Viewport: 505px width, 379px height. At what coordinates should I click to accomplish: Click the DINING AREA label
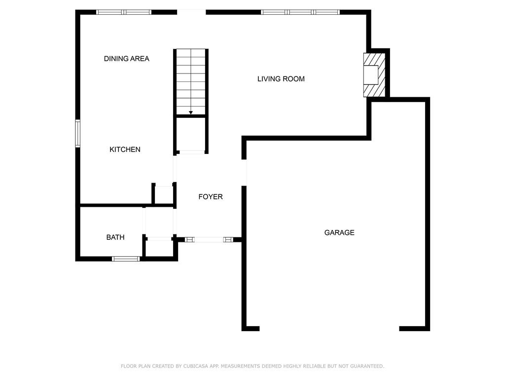(x=126, y=59)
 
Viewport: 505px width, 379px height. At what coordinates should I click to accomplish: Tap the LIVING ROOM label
(x=281, y=79)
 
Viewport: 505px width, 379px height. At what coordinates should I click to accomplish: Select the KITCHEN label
(x=125, y=150)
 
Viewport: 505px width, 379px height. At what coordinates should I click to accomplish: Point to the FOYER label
(x=211, y=197)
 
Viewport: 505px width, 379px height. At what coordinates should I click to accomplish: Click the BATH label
(x=115, y=237)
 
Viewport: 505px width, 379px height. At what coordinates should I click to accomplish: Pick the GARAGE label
(x=339, y=232)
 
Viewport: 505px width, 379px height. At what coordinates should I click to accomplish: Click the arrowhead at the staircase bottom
(x=191, y=113)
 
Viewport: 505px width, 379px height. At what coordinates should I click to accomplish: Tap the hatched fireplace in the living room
(x=373, y=75)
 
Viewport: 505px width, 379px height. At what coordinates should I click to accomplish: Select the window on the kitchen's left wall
(x=77, y=133)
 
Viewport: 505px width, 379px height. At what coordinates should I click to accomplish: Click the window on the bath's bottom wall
(x=126, y=258)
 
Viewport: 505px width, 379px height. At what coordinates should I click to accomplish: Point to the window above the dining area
(x=123, y=12)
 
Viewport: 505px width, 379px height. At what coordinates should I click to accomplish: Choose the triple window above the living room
(x=300, y=12)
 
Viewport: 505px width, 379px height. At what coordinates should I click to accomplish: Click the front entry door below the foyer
(x=209, y=240)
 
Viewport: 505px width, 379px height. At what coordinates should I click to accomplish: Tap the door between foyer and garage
(x=244, y=173)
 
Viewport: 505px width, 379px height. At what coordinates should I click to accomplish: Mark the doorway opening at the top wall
(x=191, y=12)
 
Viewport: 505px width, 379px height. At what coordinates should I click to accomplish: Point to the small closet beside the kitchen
(x=163, y=195)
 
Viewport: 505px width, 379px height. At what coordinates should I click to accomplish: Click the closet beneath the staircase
(x=191, y=134)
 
